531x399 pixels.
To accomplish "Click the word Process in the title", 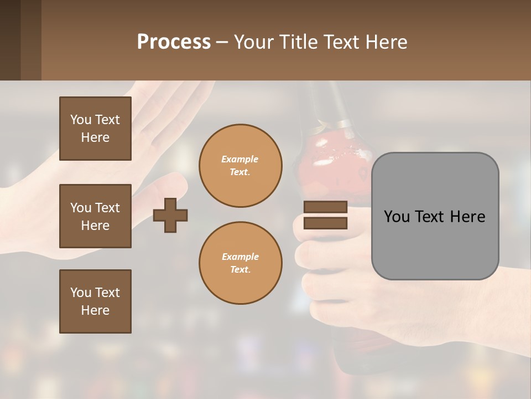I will pos(174,42).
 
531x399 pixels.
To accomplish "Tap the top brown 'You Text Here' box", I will pos(95,129).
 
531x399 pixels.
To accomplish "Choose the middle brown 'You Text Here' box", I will pos(95,216).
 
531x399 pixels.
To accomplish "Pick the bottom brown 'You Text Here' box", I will pos(95,301).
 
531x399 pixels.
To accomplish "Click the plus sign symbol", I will pos(170,214).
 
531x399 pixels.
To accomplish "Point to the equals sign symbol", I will pos(325,215).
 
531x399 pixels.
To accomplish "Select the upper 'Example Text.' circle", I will pos(240,166).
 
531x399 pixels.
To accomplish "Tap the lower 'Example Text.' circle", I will pos(240,263).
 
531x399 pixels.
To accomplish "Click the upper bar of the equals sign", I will pos(325,207).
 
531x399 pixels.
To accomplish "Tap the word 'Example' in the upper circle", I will pos(240,159).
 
